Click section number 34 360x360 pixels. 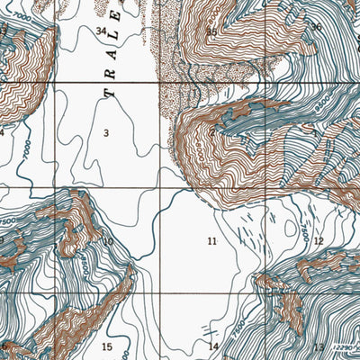coord(101,31)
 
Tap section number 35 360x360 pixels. coord(211,31)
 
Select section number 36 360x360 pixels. coord(317,27)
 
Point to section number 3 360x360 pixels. coord(106,134)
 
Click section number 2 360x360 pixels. coord(212,133)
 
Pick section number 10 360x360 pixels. coord(108,241)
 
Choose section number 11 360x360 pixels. coord(212,241)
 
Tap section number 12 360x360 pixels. coord(319,241)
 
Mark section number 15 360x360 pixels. coord(107,347)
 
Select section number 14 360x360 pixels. coord(213,346)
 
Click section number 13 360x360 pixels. coord(318,346)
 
